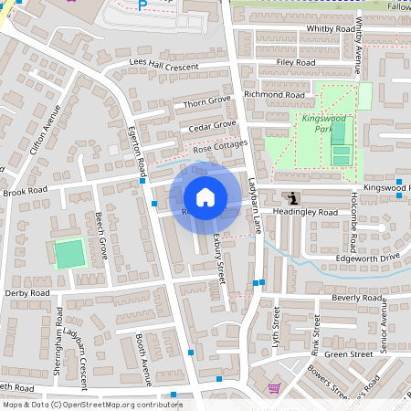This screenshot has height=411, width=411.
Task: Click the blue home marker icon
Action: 205,196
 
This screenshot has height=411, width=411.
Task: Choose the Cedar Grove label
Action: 213,125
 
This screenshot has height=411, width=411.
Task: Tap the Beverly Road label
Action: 356,298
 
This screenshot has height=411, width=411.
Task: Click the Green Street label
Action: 349,353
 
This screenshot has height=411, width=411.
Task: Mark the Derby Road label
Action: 26,293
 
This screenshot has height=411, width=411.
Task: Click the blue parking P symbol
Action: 142,5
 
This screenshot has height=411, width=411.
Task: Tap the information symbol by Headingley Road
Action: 292,198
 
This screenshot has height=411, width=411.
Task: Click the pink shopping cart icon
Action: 273,388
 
